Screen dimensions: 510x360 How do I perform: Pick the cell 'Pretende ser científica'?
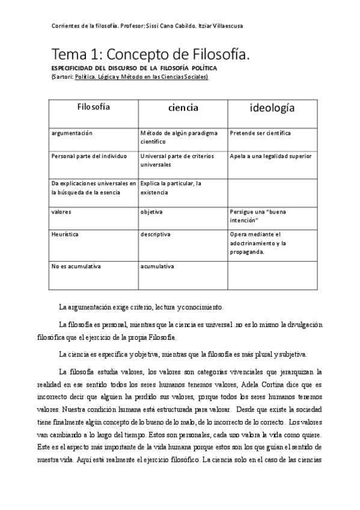click(260, 132)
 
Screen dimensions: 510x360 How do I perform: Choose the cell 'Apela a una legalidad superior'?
click(270, 156)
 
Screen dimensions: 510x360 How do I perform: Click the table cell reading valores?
click(61, 211)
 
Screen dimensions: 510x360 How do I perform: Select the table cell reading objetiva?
click(151, 211)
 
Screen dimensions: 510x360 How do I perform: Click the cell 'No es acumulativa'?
click(76, 265)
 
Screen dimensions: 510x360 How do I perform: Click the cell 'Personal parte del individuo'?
click(90, 156)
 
